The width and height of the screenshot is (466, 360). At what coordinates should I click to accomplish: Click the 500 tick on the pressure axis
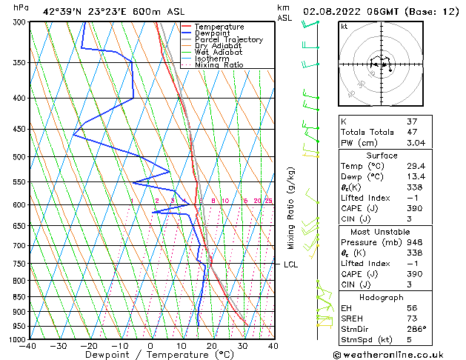pos(19,157)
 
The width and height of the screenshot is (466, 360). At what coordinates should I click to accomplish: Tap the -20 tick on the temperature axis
pos(89,345)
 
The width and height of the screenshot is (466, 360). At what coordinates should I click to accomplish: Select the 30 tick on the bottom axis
pos(242,345)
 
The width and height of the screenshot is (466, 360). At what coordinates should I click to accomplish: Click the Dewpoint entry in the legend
pos(212,33)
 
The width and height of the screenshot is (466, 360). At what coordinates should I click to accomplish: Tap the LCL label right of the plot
pos(291,264)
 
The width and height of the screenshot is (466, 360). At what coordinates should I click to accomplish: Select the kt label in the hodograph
pos(344,26)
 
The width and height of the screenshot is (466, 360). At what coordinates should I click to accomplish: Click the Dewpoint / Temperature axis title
pos(150,355)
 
